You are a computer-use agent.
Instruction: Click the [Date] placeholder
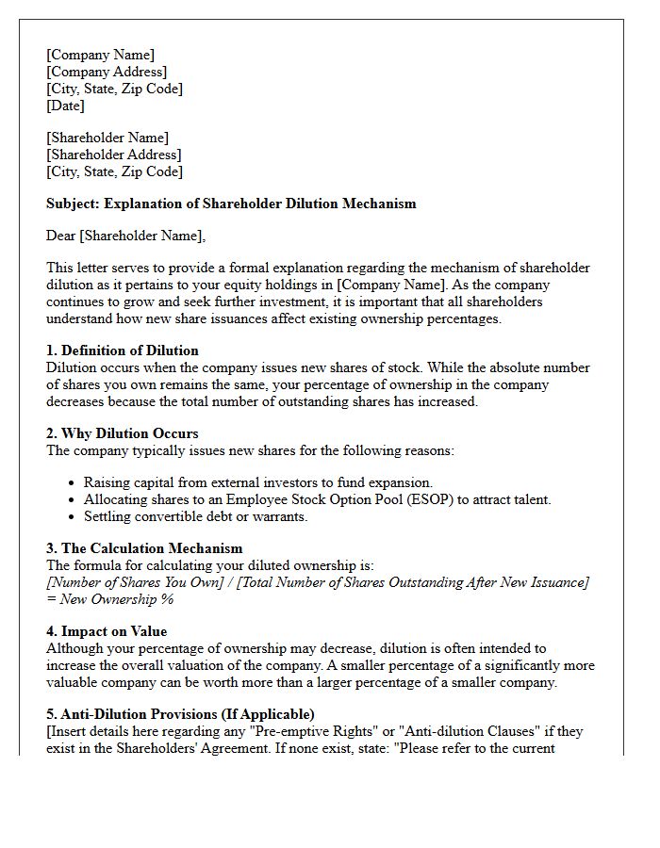point(65,106)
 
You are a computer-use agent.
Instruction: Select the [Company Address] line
point(107,72)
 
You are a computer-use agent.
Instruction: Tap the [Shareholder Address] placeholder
point(113,155)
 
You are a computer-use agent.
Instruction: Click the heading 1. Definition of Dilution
point(122,351)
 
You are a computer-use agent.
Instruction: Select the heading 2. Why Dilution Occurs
point(122,433)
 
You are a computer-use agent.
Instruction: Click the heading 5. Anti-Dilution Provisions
point(180,714)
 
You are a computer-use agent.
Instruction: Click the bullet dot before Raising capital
point(73,483)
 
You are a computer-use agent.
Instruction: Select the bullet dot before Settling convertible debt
point(73,517)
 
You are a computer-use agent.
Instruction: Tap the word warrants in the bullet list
point(277,516)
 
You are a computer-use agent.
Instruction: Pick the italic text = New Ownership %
point(109,599)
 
